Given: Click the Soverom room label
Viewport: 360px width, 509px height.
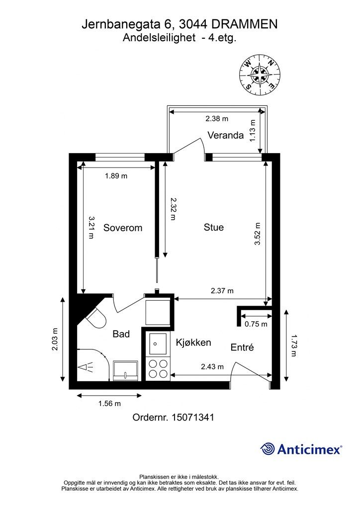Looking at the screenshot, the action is point(123,228).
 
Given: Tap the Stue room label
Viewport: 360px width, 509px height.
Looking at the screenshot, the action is point(214,227).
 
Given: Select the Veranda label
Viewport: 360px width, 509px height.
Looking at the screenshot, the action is point(226,135).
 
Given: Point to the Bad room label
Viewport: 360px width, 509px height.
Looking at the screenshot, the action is point(121,334).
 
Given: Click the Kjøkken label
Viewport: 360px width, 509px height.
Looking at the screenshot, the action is point(193,342).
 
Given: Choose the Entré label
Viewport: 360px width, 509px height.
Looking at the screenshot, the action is point(242,347).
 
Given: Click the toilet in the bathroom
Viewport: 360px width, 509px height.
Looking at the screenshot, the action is point(96,318).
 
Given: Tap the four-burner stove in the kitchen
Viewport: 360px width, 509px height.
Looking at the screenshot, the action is point(158,369).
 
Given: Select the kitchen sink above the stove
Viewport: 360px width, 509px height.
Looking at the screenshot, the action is point(158,344).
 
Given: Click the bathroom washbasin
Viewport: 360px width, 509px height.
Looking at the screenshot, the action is point(125,370).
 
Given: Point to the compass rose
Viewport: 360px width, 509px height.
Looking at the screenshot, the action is point(260,76).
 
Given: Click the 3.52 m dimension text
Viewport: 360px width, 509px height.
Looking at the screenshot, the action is point(258,234).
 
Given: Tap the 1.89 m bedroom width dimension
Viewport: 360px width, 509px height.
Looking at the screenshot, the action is point(116,176).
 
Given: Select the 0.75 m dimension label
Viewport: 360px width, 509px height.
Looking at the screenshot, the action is point(256,324).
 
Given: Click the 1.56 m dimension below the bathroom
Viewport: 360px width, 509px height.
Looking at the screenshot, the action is point(110,404).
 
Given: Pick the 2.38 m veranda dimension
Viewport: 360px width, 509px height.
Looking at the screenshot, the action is point(217,119).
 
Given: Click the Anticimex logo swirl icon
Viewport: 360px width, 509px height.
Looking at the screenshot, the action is point(268,449).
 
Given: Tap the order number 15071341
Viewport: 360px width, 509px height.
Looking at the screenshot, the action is point(193,417).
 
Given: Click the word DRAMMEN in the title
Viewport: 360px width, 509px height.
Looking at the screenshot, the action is point(245,24).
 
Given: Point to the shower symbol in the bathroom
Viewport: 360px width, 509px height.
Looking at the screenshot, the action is point(86,367).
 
